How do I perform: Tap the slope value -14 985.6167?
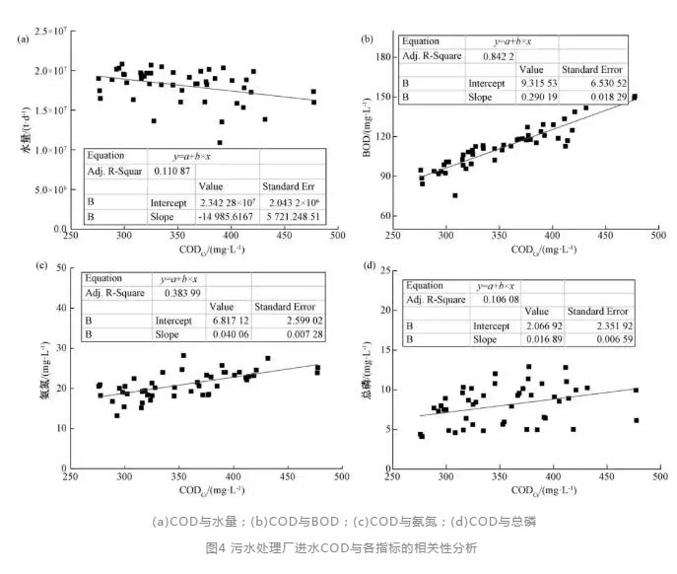pyautogui.click(x=222, y=215)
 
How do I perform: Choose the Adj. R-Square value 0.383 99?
pyautogui.click(x=174, y=294)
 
